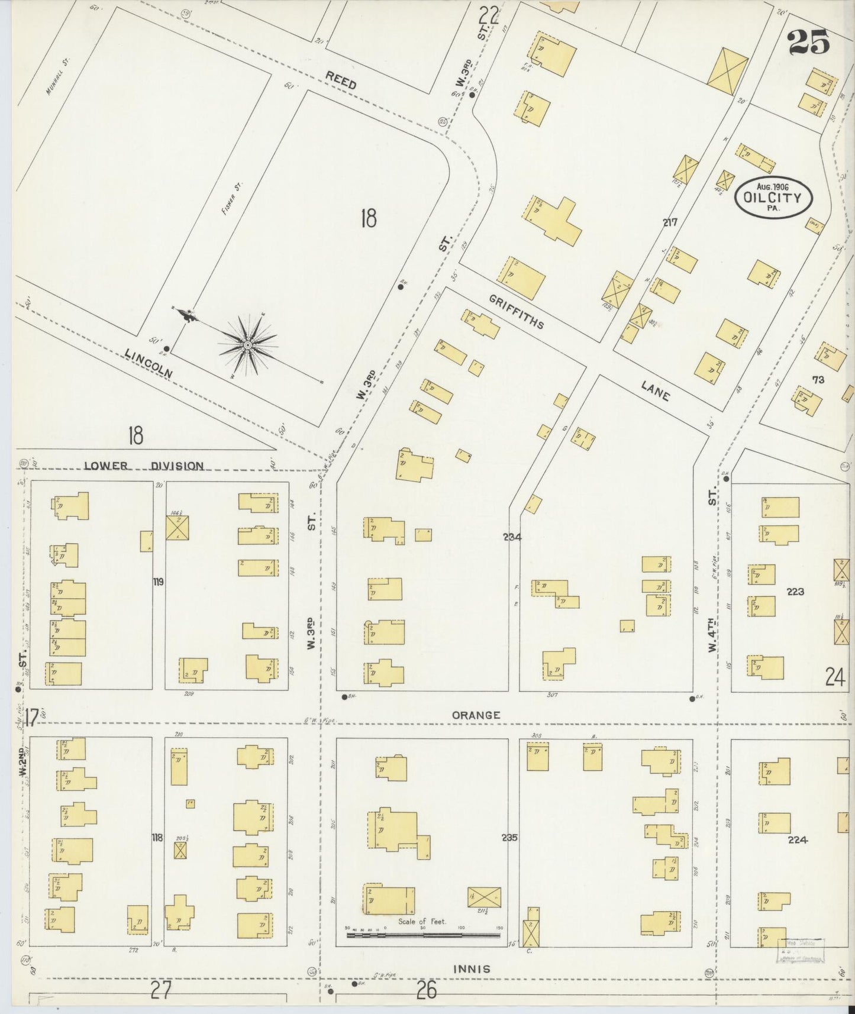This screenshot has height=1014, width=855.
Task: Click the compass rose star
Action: tap(248, 344)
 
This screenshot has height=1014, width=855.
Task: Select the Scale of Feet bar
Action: tap(422, 935)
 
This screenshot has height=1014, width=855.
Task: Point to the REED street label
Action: tap(341, 80)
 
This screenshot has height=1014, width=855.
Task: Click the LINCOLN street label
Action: tap(149, 363)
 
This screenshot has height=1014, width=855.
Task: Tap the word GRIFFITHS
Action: tap(516, 311)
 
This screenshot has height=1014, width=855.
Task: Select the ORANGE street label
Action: tap(476, 715)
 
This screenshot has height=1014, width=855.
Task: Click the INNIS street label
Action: tap(472, 969)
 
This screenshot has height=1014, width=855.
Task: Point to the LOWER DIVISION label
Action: tap(144, 466)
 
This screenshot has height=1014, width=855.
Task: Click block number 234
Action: tap(512, 537)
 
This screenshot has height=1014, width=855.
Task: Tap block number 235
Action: tap(509, 838)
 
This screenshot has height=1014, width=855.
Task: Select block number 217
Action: tap(670, 222)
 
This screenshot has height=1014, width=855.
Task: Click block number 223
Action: tap(795, 591)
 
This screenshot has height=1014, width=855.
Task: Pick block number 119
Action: tap(158, 582)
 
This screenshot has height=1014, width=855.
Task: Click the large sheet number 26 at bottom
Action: tap(426, 990)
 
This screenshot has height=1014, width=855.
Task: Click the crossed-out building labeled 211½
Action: tap(484, 897)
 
